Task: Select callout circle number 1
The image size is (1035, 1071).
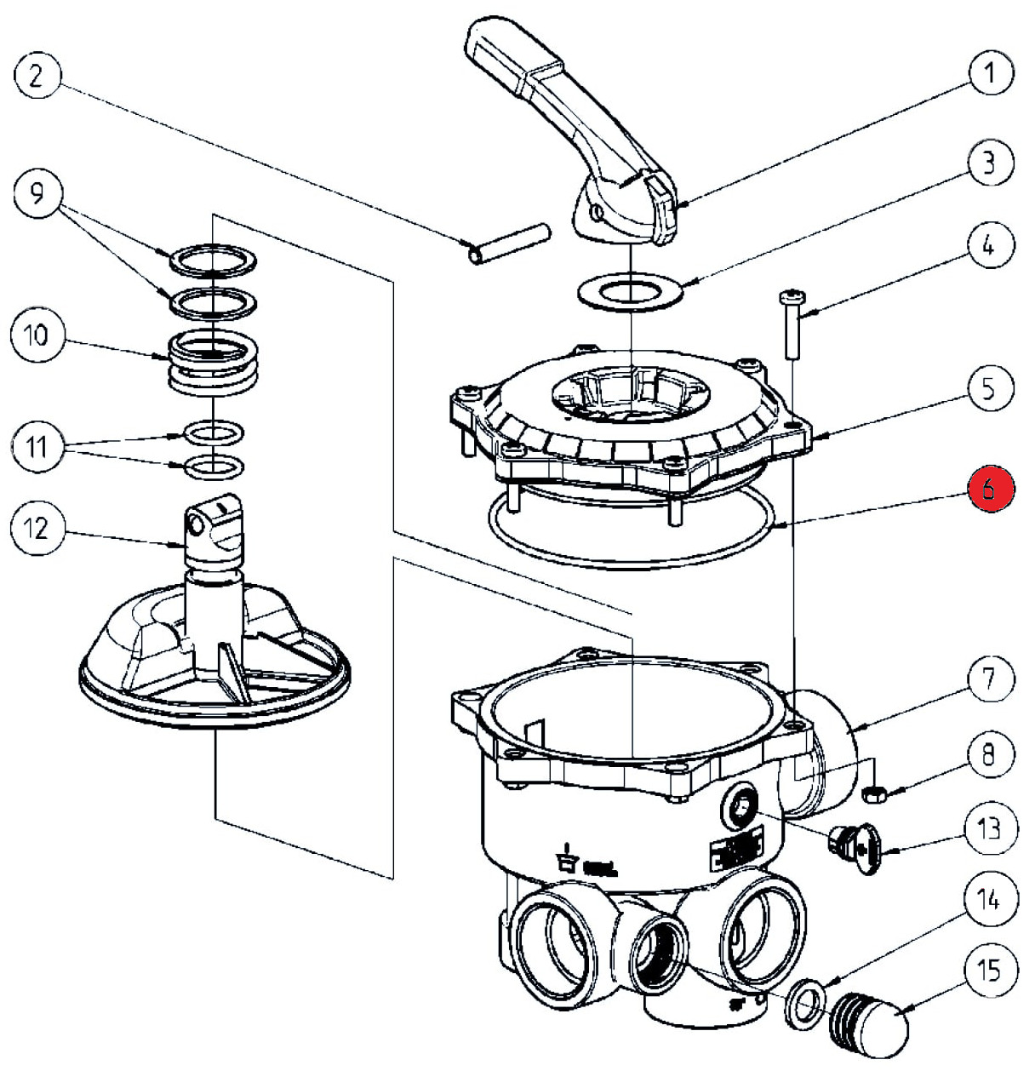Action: (x=989, y=72)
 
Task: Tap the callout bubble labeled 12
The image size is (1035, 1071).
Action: (x=37, y=530)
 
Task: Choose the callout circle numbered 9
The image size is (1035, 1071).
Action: (x=37, y=195)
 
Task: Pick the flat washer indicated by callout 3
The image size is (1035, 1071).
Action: (x=631, y=292)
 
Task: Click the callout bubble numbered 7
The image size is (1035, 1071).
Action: (x=989, y=679)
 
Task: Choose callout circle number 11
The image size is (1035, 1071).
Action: (x=37, y=447)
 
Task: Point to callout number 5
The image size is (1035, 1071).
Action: (x=989, y=389)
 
